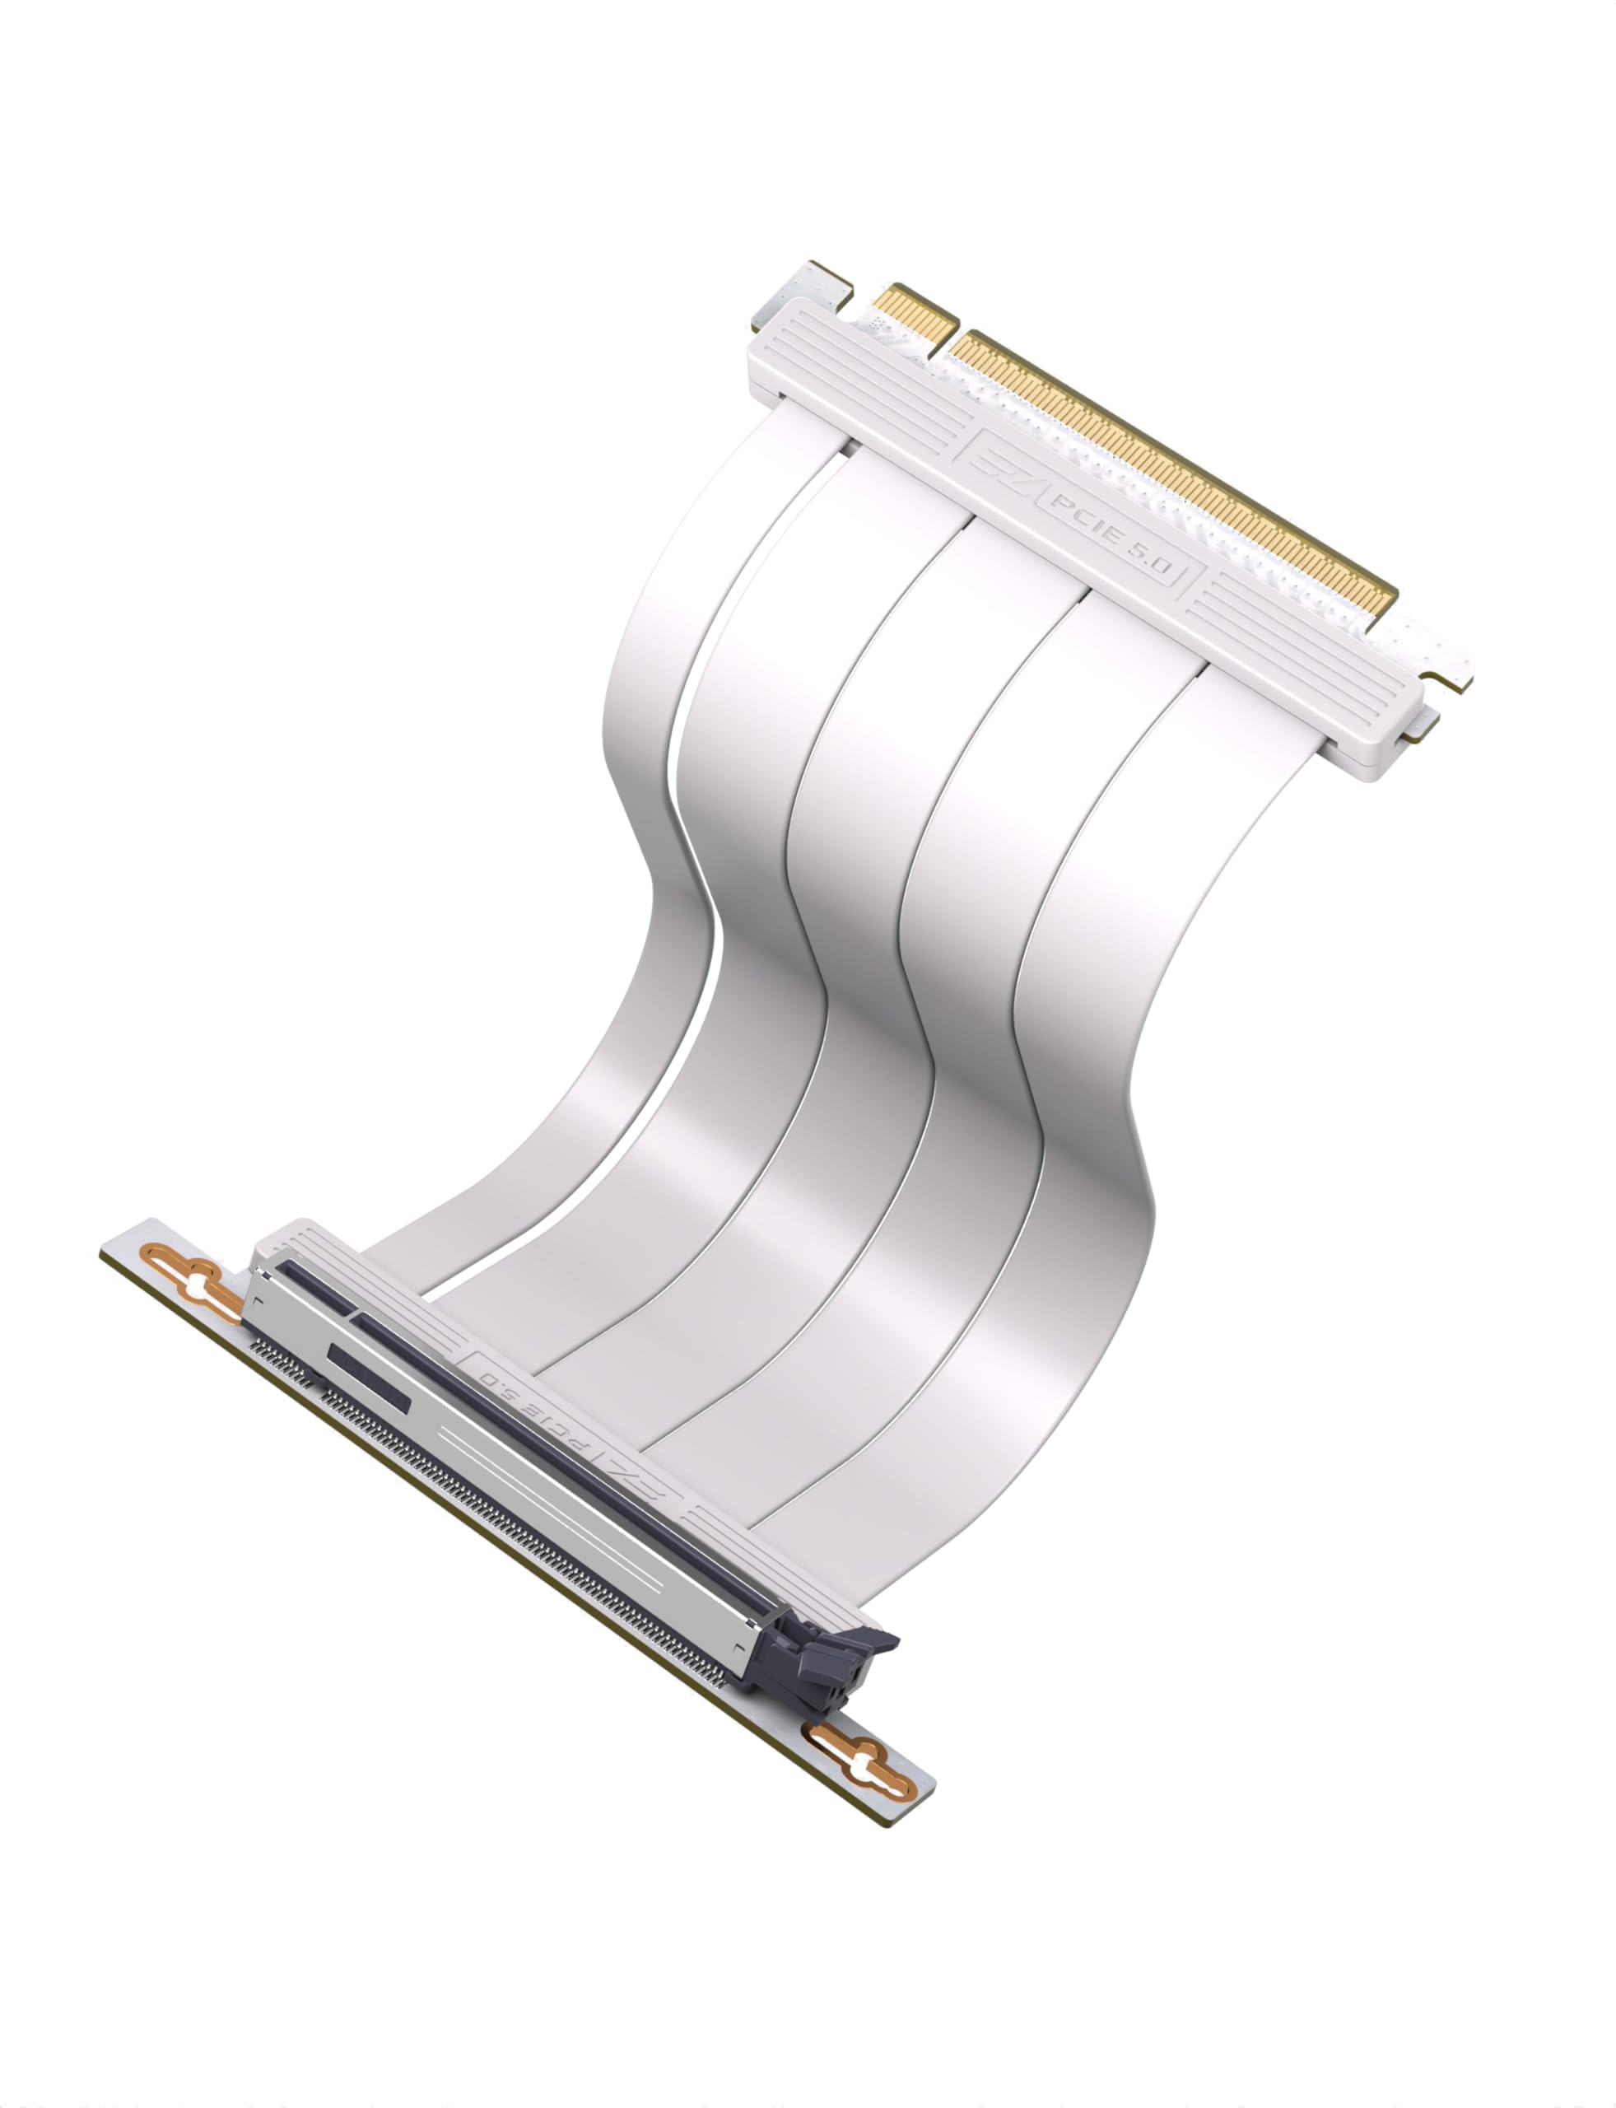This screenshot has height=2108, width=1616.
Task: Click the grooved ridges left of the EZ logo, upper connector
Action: [866, 385]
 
